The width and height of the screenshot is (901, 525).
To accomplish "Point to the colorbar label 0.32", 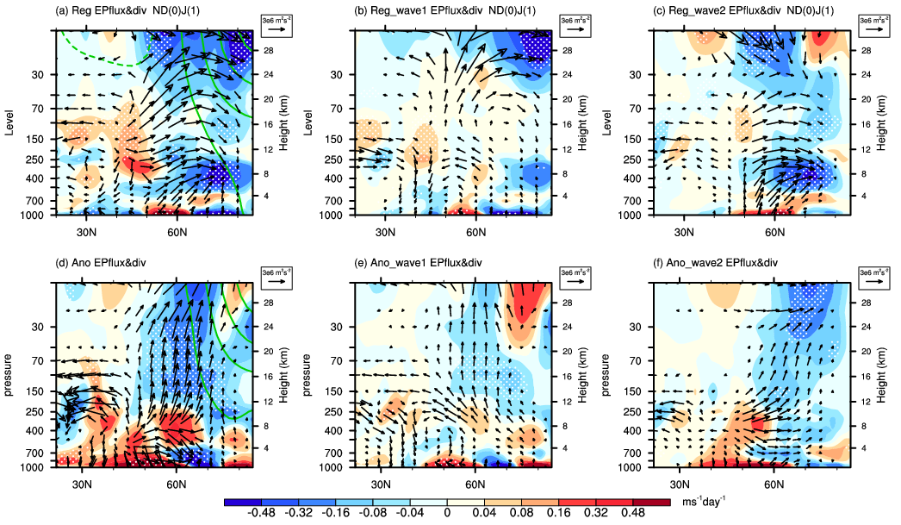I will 595,513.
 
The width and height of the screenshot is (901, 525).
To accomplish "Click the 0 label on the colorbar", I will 446,513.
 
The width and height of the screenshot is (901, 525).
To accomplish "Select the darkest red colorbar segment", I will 650,501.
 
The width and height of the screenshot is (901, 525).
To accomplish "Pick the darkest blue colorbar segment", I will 242,501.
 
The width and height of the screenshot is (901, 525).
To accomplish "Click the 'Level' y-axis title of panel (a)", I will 10,121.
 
